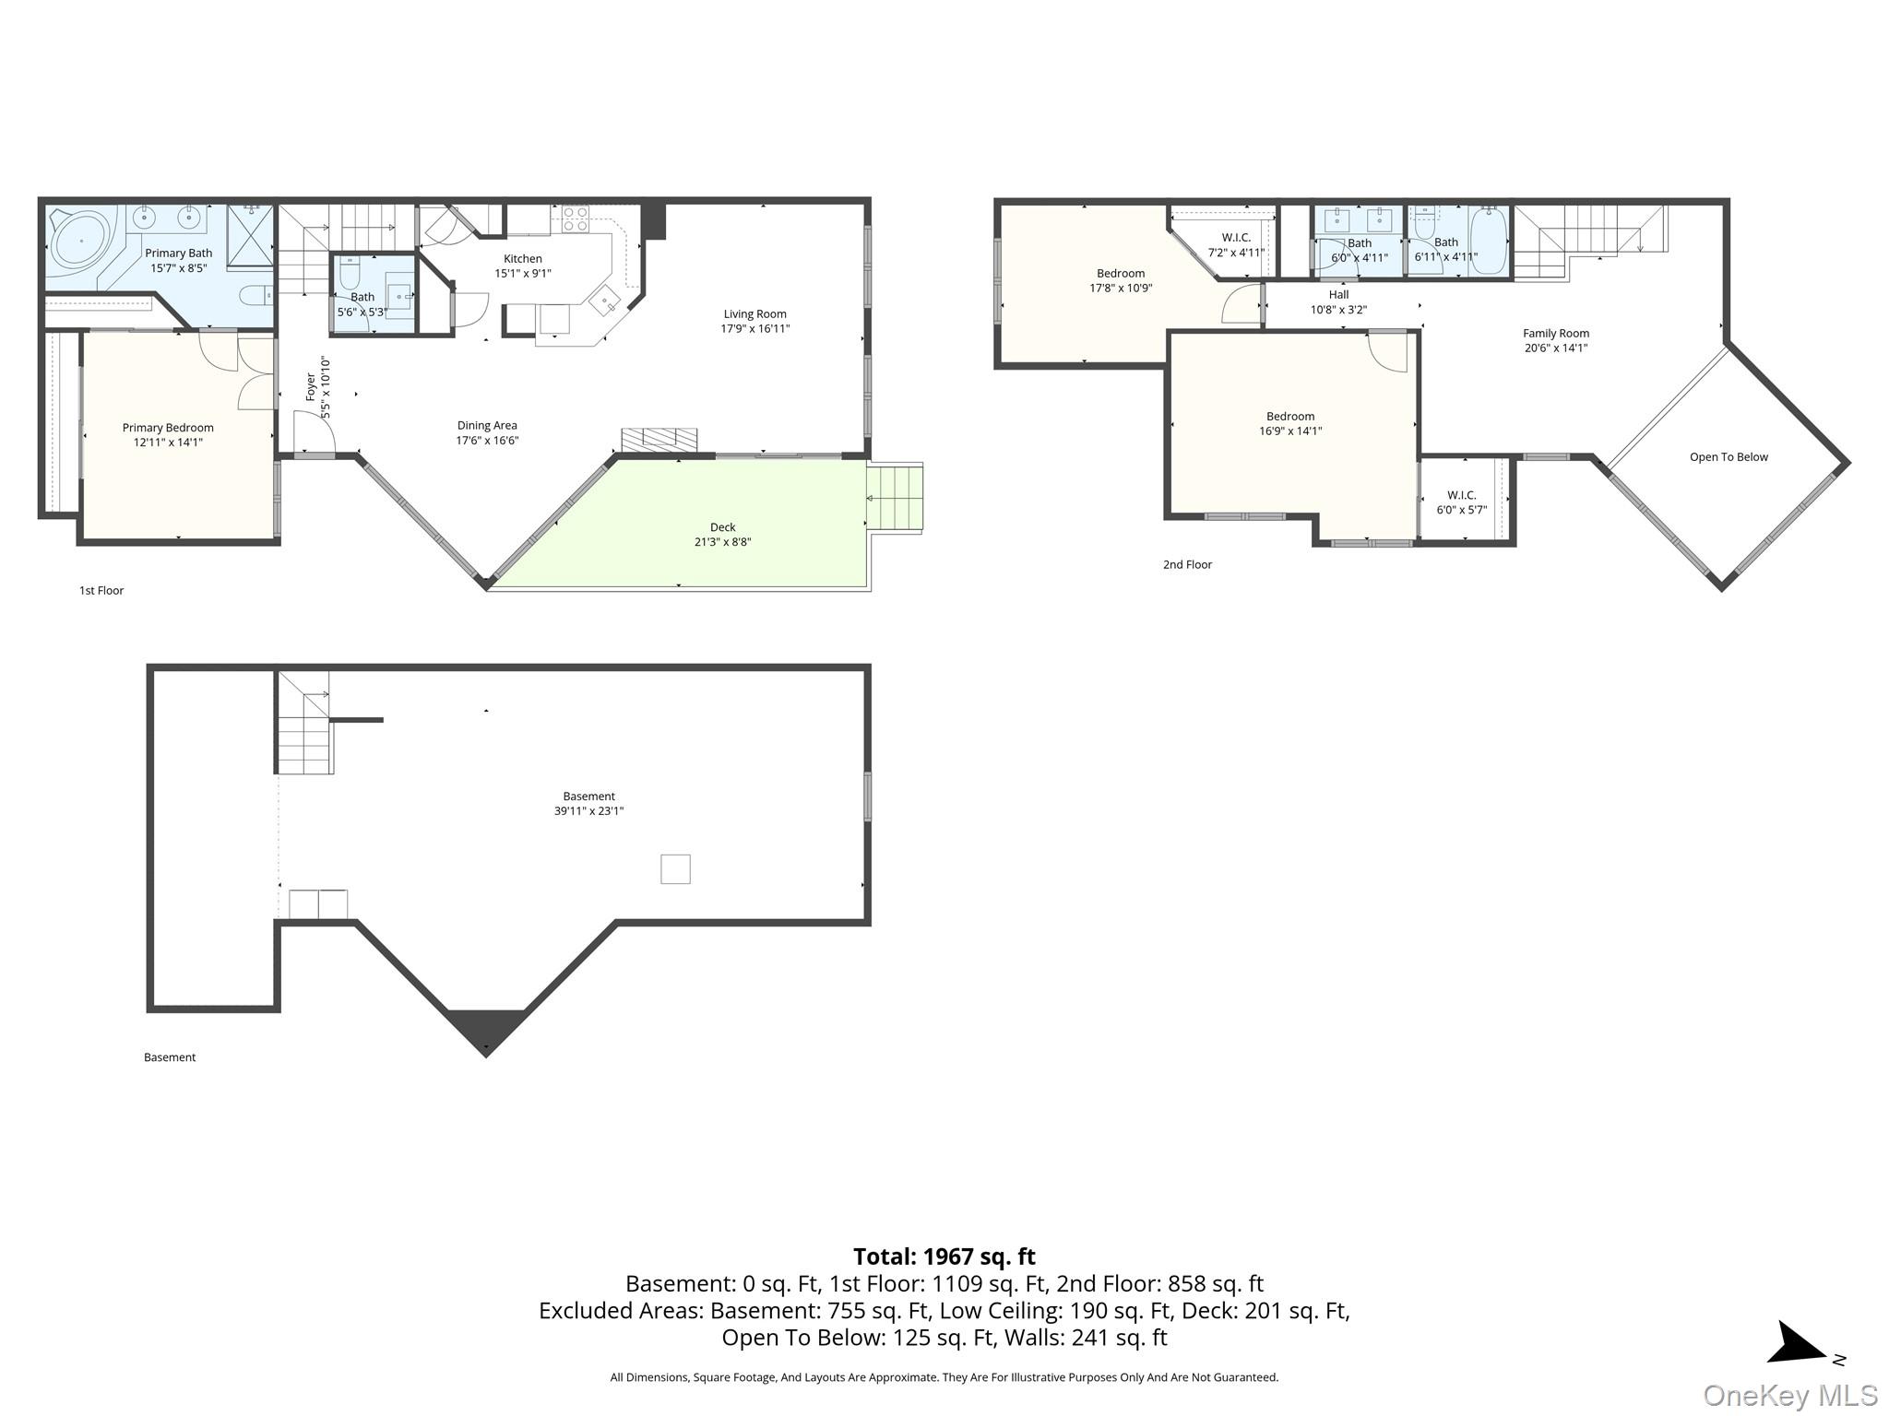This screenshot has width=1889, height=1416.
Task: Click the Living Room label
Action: [x=754, y=313]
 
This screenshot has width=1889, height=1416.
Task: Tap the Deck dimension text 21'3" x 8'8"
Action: [x=722, y=542]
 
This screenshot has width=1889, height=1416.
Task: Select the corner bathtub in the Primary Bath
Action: [x=81, y=240]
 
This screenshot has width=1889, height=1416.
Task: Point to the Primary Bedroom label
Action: [x=168, y=428]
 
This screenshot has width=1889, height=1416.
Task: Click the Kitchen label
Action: [x=523, y=259]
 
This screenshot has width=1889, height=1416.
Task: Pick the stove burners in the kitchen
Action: [x=576, y=218]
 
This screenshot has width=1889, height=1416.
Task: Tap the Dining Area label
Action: [x=487, y=426]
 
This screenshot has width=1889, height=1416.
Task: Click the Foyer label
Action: [x=311, y=386]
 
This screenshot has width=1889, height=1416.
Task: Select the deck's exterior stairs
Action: [x=895, y=498]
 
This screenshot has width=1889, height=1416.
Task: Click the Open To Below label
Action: [x=1729, y=457]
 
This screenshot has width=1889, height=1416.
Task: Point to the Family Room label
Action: [x=1556, y=334]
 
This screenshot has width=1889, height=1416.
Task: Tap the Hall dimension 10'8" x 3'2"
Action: [x=1338, y=310]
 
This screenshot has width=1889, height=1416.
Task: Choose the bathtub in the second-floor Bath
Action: [x=1488, y=241]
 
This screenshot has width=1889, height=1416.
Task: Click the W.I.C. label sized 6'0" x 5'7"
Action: [x=1462, y=495]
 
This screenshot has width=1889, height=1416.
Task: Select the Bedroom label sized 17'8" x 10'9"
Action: [x=1121, y=274]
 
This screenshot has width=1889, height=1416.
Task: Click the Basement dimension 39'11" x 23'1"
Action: [x=588, y=811]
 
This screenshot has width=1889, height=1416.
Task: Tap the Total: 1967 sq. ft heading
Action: [x=944, y=1257]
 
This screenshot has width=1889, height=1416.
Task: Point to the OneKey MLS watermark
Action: [x=1790, y=1396]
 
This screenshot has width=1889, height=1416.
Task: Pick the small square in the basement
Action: [x=675, y=869]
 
